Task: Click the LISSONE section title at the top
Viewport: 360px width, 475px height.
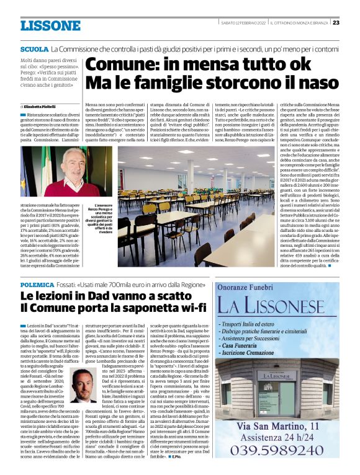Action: pos(50,25)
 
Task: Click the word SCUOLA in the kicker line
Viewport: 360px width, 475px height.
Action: pos(34,48)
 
